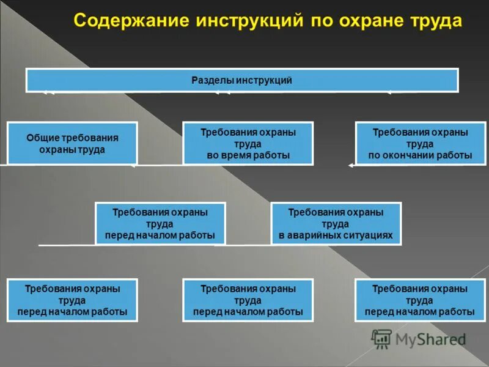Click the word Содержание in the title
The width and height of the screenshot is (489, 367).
pyautogui.click(x=130, y=21)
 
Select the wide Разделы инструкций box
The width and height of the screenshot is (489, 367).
pyautogui.click(x=242, y=80)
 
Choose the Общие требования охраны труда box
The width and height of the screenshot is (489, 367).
pyautogui.click(x=72, y=143)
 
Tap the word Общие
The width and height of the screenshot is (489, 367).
pyautogui.click(x=42, y=138)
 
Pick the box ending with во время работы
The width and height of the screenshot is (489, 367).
pyautogui.click(x=248, y=143)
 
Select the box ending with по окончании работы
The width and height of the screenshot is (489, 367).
pyautogui.click(x=420, y=143)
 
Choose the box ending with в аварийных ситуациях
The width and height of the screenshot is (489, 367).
pyautogui.click(x=336, y=223)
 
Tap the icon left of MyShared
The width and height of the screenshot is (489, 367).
pyautogui.click(x=381, y=338)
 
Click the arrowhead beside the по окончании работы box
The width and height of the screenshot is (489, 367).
pyautogui.click(x=351, y=165)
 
